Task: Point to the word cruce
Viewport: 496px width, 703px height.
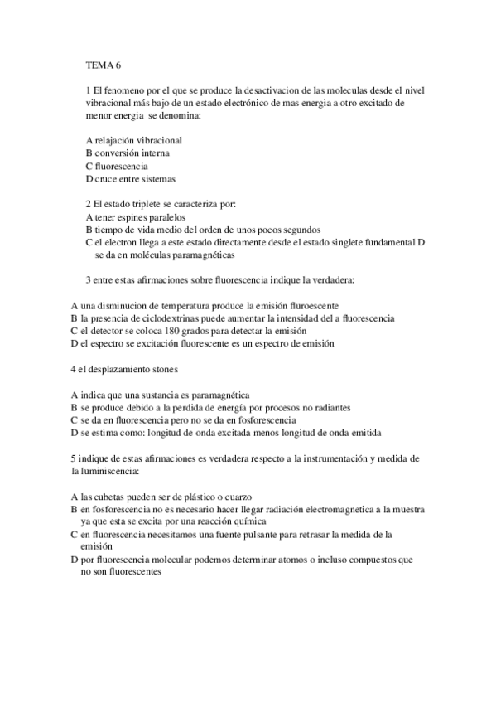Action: (108, 178)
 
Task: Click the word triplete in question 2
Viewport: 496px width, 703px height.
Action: (146, 204)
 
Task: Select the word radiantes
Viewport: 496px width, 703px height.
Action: (332, 407)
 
